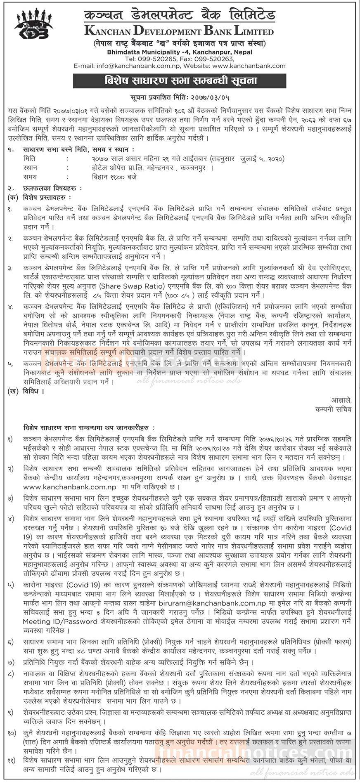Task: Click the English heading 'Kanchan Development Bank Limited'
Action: (179, 31)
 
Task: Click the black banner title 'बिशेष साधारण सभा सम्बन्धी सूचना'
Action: (179, 81)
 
